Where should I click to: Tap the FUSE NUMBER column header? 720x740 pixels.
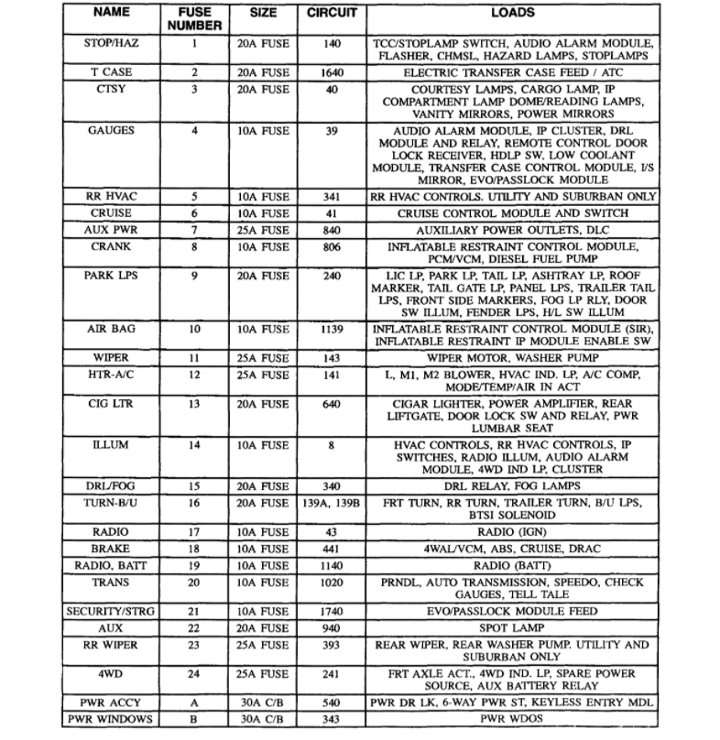point(194,20)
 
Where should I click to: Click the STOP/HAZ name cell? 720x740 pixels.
point(111,43)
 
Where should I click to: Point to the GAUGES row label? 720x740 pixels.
point(111,130)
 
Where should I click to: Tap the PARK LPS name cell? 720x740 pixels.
point(111,275)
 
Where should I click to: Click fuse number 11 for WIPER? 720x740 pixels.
point(194,356)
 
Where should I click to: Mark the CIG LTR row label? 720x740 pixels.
point(111,402)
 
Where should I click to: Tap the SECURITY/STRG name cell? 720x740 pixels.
point(111,611)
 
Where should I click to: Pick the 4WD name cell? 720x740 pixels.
point(111,673)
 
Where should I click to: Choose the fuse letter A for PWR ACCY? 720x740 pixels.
point(194,702)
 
